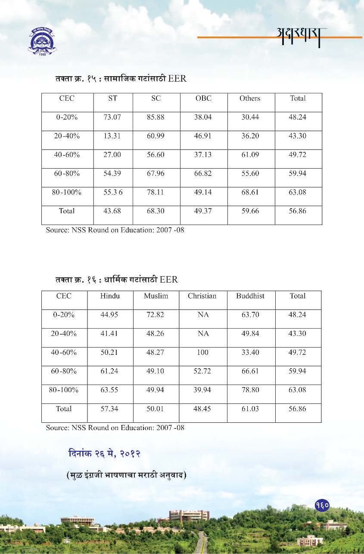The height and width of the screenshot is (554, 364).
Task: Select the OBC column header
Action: (x=203, y=98)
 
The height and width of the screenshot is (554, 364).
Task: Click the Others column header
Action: (x=250, y=98)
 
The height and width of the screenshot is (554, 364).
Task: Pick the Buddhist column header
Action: (x=250, y=296)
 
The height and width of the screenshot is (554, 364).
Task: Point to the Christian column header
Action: (x=202, y=296)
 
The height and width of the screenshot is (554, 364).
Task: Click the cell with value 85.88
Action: (x=156, y=117)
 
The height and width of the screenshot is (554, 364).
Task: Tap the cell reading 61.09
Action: (x=250, y=155)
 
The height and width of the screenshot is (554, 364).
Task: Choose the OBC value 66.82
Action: (x=203, y=174)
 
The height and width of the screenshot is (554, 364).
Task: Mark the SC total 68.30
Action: (x=156, y=211)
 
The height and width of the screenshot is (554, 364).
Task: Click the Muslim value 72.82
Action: (x=156, y=315)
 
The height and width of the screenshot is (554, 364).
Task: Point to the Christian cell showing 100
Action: (x=202, y=353)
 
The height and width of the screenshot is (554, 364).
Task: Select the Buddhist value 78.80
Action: (x=250, y=390)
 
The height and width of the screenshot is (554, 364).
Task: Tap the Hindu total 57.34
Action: (x=109, y=409)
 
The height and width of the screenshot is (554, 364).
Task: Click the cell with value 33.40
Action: (x=250, y=353)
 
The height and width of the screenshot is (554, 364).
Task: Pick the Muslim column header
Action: (x=156, y=296)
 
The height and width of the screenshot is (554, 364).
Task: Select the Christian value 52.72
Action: (x=202, y=371)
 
